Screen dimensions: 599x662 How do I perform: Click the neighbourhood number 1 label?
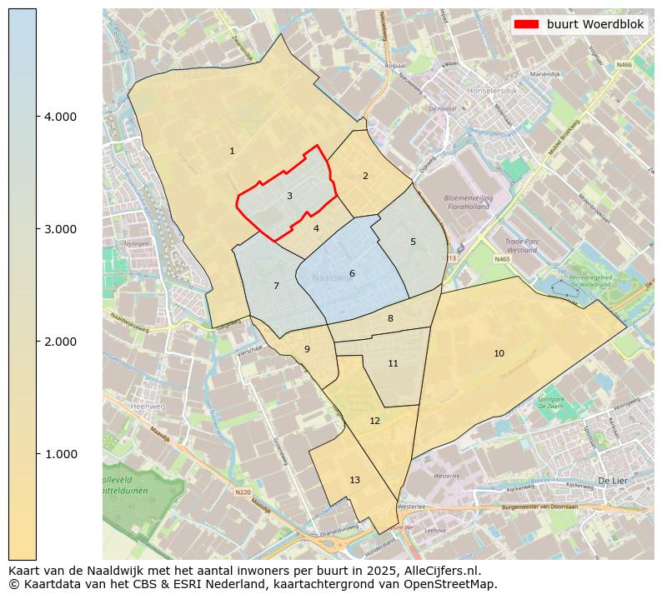click(232, 151)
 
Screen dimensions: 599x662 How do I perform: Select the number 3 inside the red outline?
click(289, 196)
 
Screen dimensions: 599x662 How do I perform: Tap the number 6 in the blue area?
click(352, 273)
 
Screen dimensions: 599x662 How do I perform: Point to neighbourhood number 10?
click(499, 353)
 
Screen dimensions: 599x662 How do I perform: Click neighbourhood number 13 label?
click(354, 480)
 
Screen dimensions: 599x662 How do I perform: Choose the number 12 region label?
click(374, 421)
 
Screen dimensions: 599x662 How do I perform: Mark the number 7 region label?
click(276, 286)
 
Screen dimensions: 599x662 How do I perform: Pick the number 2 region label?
click(364, 176)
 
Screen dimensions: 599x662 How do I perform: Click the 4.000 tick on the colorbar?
click(60, 117)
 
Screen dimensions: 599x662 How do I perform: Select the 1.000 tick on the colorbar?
click(60, 454)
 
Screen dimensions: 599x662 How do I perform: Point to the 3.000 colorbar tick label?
click(60, 229)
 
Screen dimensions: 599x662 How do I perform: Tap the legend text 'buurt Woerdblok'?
click(595, 24)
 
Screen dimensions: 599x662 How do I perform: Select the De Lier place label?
click(612, 481)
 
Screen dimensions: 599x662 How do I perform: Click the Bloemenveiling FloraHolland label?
click(470, 202)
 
